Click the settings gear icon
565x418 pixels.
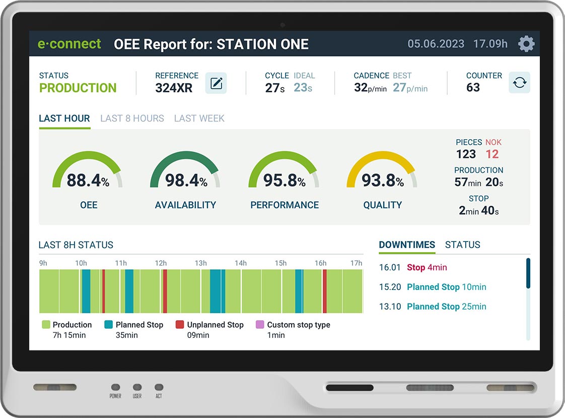[526, 44]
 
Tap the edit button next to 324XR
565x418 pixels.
[216, 83]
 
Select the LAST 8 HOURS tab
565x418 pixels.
[132, 118]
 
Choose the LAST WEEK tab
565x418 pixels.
[199, 118]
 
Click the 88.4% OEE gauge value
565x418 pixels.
[88, 181]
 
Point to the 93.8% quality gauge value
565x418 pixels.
[383, 181]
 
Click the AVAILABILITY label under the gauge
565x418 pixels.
[185, 205]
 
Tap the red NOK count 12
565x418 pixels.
[492, 154]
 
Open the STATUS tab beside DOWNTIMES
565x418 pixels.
[462, 245]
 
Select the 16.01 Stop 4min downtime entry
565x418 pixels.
[413, 268]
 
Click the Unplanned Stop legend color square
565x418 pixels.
[180, 325]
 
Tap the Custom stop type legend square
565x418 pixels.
[260, 325]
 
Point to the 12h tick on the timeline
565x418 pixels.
[161, 263]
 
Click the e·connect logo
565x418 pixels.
[69, 44]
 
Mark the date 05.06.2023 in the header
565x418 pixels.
[436, 44]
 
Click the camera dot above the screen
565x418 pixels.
[283, 25]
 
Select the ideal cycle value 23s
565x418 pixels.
[303, 88]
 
